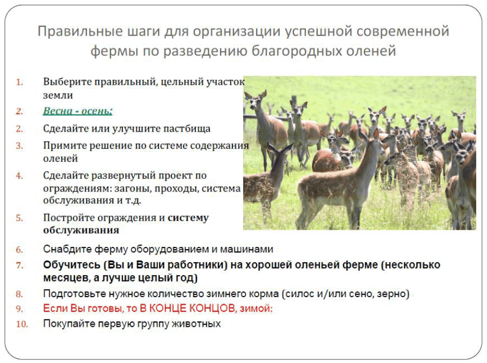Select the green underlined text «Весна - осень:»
point(78,111)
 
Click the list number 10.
point(22,324)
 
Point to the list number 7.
point(19,265)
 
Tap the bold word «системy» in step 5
point(188,218)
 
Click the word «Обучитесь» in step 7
point(72,265)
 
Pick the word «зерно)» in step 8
point(393,294)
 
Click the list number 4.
point(19,176)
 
